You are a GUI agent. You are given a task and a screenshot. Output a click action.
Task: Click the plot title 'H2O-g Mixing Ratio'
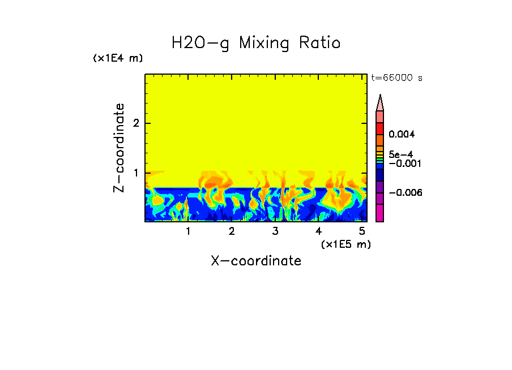pyautogui.click(x=256, y=43)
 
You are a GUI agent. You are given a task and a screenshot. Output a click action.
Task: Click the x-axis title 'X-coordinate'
pyautogui.click(x=256, y=261)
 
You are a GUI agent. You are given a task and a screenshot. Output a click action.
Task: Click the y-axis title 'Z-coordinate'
pyautogui.click(x=119, y=148)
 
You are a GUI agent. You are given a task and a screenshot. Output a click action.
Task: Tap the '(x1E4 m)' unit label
pyautogui.click(x=118, y=58)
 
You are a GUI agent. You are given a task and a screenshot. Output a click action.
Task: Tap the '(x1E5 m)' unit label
pyautogui.click(x=345, y=244)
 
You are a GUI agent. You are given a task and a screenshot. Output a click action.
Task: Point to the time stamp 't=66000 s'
pyautogui.click(x=396, y=78)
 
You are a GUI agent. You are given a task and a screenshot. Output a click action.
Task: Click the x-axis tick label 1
pyautogui.click(x=188, y=231)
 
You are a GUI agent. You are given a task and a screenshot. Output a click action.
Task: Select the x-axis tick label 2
pyautogui.click(x=232, y=231)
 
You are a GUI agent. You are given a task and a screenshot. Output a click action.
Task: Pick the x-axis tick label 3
pyautogui.click(x=275, y=231)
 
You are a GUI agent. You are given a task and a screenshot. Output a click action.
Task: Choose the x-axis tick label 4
pyautogui.click(x=318, y=231)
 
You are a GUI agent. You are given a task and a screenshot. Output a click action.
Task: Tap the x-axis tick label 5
pyautogui.click(x=362, y=231)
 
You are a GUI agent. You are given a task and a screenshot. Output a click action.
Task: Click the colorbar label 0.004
pyautogui.click(x=402, y=135)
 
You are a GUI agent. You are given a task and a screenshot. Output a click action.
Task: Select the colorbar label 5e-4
pyautogui.click(x=400, y=154)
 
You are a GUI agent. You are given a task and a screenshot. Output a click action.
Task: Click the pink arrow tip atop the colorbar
pyautogui.click(x=380, y=102)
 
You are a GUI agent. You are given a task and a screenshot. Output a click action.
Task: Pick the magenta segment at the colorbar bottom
pyautogui.click(x=380, y=213)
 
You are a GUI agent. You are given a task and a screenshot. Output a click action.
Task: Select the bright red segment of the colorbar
pyautogui.click(x=380, y=128)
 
